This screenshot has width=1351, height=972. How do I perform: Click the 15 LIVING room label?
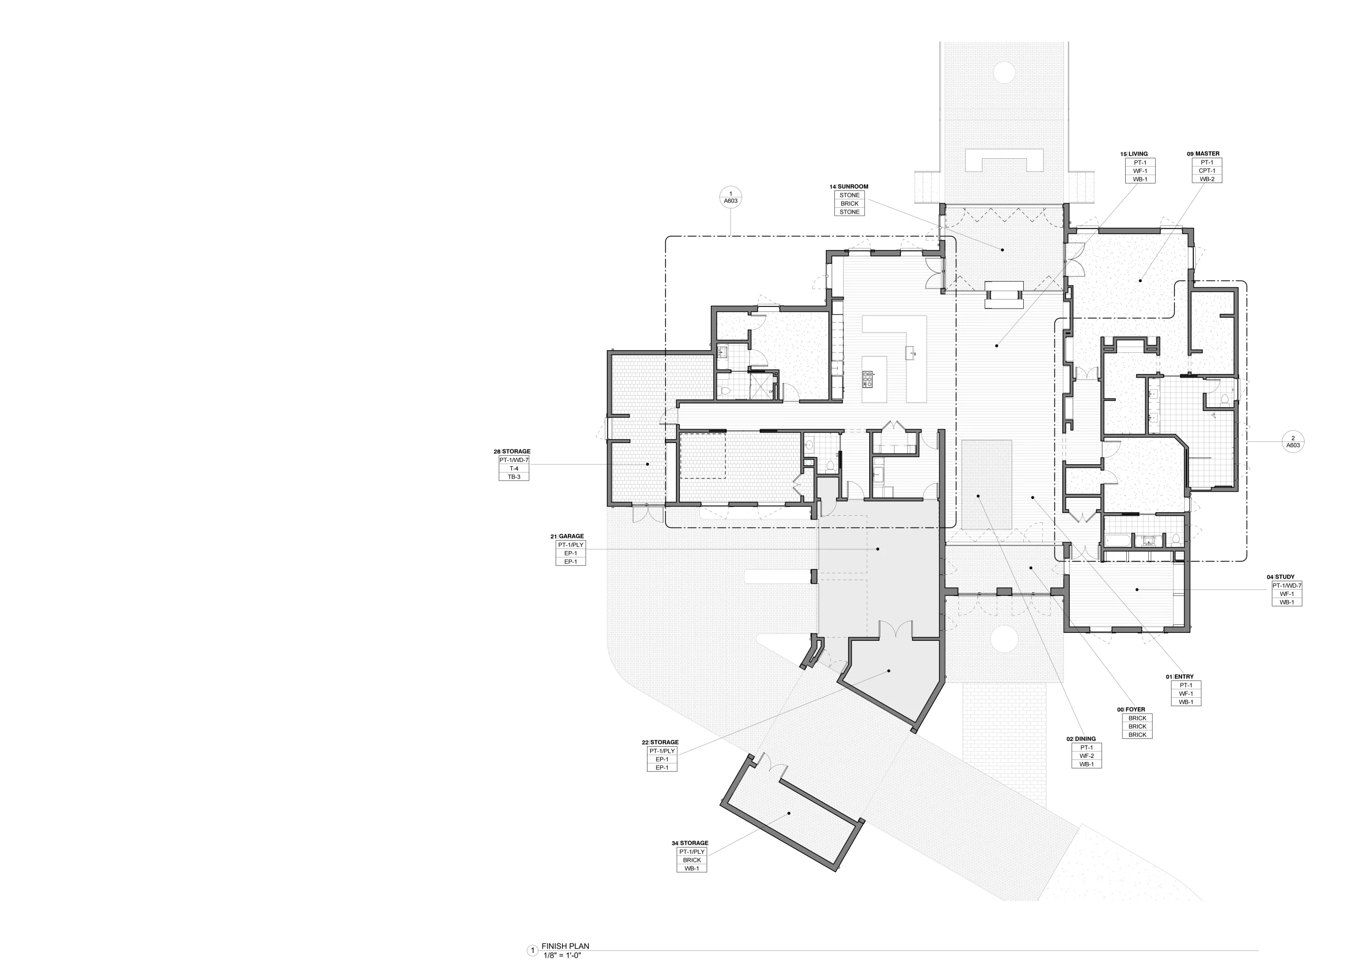click(1134, 154)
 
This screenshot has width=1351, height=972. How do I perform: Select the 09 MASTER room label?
click(1203, 154)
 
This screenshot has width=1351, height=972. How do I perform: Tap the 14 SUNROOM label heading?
click(849, 187)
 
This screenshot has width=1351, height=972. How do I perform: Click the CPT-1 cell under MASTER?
click(1207, 171)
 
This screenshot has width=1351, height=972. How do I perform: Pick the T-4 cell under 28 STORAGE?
click(513, 468)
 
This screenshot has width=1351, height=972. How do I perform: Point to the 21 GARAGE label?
click(567, 536)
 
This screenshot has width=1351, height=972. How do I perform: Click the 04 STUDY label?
click(1280, 577)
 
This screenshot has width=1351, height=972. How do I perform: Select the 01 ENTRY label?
click(1179, 677)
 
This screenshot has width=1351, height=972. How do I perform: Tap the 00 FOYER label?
click(1130, 709)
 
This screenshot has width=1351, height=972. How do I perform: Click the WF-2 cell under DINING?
click(1087, 756)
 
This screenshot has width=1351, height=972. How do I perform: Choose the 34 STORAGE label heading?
click(690, 843)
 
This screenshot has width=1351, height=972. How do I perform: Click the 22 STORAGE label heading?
click(660, 742)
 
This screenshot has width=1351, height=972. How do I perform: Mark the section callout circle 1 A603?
click(731, 197)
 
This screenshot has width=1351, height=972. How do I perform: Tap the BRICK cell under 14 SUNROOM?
click(850, 204)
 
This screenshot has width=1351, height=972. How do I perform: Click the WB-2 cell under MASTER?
click(1207, 179)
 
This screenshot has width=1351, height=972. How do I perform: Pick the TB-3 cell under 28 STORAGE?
click(513, 477)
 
